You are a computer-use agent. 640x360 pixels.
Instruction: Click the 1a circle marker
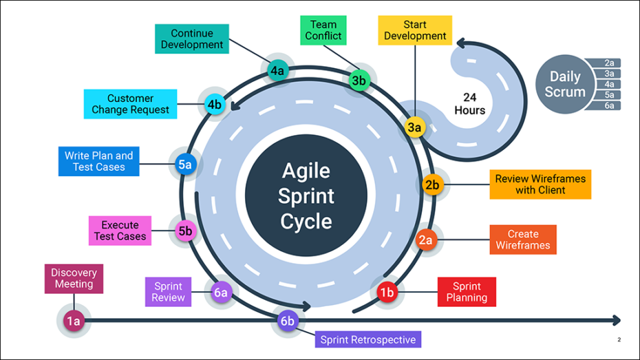pos(73,320)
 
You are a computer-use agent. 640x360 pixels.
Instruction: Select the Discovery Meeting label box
pos(74,278)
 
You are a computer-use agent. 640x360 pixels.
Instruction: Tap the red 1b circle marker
pos(387,293)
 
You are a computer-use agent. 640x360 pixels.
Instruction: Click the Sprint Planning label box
pos(467,292)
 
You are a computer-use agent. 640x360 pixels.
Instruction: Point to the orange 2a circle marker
pos(425,240)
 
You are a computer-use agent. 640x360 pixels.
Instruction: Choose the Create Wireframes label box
pos(523,240)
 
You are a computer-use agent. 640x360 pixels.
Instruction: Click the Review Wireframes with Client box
pos(540,184)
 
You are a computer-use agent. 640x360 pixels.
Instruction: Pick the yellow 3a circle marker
pos(414,127)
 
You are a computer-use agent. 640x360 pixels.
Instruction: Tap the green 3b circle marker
pos(359,81)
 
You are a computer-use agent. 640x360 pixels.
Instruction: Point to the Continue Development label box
pos(192,39)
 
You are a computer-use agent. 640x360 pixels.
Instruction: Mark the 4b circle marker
pos(214,105)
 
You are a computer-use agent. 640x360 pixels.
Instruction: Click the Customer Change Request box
pos(130,104)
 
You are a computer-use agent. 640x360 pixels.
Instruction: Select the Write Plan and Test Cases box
pos(98,161)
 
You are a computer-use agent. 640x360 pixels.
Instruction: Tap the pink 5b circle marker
pos(185,231)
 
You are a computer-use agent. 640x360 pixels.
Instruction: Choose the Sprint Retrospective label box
pos(369,339)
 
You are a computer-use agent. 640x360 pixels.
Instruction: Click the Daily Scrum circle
pos(565,85)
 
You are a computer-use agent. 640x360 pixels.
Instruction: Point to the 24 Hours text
pos(469,103)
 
